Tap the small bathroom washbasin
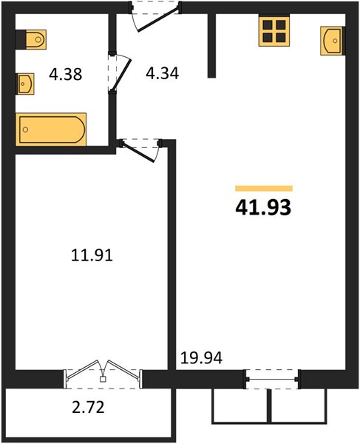click(25, 84)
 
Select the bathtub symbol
click(51, 129)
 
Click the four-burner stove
click(274, 30)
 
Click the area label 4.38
click(66, 75)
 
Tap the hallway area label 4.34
click(163, 73)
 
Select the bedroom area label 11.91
click(92, 255)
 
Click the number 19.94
click(201, 358)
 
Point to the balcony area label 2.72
click(88, 408)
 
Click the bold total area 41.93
click(263, 207)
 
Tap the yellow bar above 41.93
click(264, 189)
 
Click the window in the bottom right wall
click(271, 379)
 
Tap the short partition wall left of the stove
click(211, 45)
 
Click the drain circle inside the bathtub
click(25, 129)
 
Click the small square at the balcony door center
click(103, 380)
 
